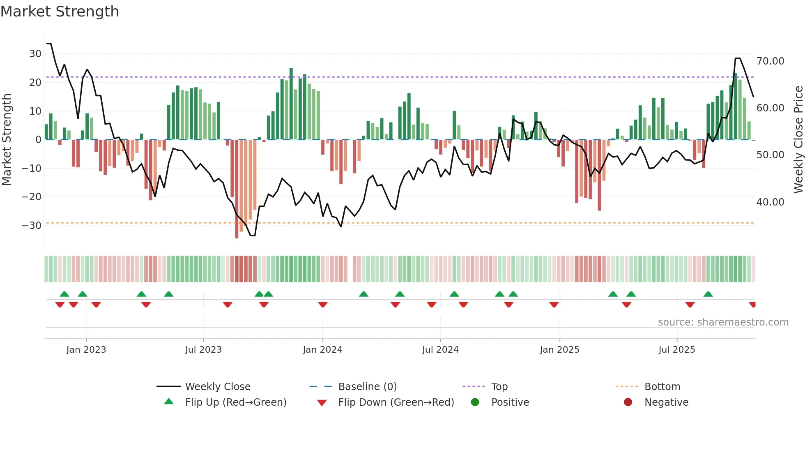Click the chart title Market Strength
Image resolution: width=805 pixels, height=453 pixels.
pyautogui.click(x=60, y=12)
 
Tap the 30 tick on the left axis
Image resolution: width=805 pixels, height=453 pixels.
pyautogui.click(x=35, y=54)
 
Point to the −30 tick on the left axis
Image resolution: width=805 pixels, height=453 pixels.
pyautogui.click(x=32, y=226)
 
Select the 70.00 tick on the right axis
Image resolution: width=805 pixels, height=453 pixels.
pyautogui.click(x=770, y=61)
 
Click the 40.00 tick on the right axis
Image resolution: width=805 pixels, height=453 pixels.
pyautogui.click(x=770, y=202)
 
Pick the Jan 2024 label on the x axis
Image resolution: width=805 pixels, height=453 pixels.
pyautogui.click(x=322, y=350)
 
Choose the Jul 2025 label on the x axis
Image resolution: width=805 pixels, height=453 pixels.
pyautogui.click(x=676, y=350)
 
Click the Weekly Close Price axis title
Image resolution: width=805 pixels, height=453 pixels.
pyautogui.click(x=798, y=140)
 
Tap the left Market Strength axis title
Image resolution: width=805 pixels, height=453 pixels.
pyautogui.click(x=7, y=140)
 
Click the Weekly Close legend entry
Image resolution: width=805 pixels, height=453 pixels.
pyautogui.click(x=218, y=387)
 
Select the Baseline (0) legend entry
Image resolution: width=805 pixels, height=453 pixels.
pyautogui.click(x=367, y=387)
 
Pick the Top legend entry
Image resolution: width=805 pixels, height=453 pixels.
pyautogui.click(x=499, y=387)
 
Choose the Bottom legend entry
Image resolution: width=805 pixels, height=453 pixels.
pyautogui.click(x=662, y=387)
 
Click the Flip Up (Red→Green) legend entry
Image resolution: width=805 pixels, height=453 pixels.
pyautogui.click(x=235, y=402)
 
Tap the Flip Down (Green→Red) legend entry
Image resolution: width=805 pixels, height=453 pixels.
pyautogui.click(x=396, y=402)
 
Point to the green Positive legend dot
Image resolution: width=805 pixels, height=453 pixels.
pyautogui.click(x=475, y=402)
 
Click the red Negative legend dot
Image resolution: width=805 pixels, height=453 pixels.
pyautogui.click(x=628, y=402)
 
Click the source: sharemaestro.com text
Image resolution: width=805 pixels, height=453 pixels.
pyautogui.click(x=723, y=322)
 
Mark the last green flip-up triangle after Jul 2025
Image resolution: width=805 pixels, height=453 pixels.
pyautogui.click(x=708, y=294)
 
